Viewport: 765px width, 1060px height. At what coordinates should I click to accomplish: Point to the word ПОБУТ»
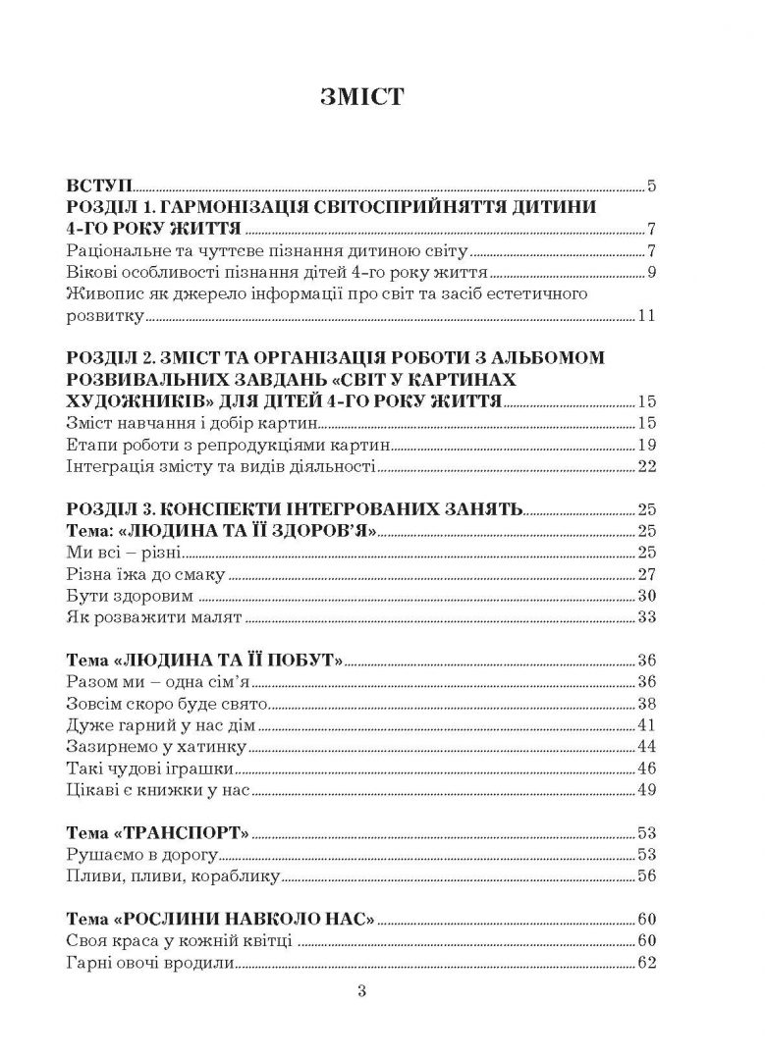[x=306, y=661]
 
